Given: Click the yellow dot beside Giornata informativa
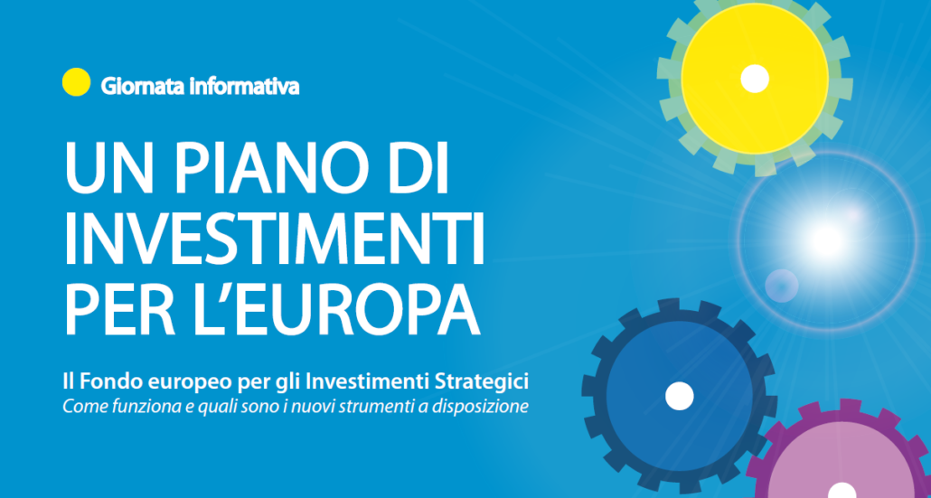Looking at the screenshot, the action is (x=77, y=82).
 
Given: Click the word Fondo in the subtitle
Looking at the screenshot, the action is (x=107, y=382).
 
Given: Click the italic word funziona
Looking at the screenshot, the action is (x=135, y=409).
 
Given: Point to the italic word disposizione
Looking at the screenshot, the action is (x=494, y=409).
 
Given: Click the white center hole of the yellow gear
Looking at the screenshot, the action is (x=755, y=79).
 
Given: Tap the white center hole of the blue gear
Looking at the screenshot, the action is (x=679, y=396).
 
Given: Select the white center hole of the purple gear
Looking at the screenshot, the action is (x=841, y=492).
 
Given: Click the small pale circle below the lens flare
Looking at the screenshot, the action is (x=781, y=286).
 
